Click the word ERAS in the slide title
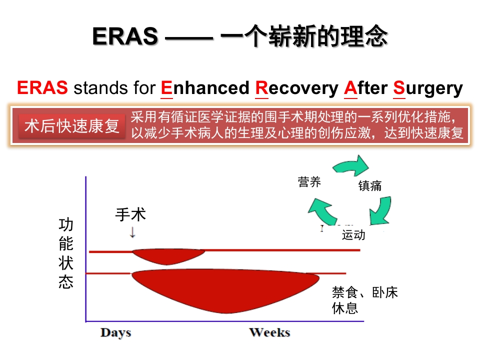pyautogui.click(x=125, y=36)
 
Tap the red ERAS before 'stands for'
pyautogui.click(x=42, y=88)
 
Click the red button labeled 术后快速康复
pyautogui.click(x=72, y=126)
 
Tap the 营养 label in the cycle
pyautogui.click(x=309, y=182)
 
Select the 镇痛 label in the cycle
pyautogui.click(x=370, y=186)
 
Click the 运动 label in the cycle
pyautogui.click(x=353, y=235)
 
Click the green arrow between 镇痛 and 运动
pyautogui.click(x=381, y=210)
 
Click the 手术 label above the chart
pyautogui.click(x=130, y=214)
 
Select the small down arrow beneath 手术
pyautogui.click(x=132, y=232)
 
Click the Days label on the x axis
pyautogui.click(x=115, y=332)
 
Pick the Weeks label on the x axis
pyautogui.click(x=269, y=332)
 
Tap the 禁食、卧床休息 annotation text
pyautogui.click(x=364, y=299)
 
